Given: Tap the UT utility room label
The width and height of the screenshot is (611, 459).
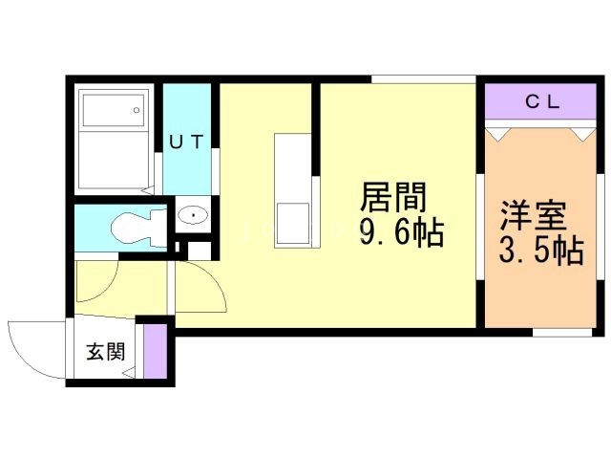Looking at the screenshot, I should (186, 142).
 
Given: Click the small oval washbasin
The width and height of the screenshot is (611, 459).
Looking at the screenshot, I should (194, 216).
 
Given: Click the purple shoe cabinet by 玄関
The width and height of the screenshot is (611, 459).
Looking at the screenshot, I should (154, 351).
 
